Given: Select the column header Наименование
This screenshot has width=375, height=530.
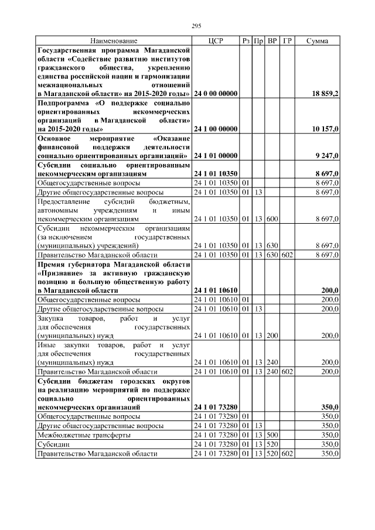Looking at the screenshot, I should [114, 41].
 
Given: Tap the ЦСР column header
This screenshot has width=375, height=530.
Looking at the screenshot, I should [215, 41].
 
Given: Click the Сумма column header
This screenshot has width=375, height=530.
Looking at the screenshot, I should [317, 41].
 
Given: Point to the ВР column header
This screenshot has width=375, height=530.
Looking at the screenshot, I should [272, 41].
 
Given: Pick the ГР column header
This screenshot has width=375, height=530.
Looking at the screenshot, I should [287, 41].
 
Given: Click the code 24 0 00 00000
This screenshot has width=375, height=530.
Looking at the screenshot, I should [215, 94].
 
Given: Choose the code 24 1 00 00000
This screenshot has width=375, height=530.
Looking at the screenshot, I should [215, 128].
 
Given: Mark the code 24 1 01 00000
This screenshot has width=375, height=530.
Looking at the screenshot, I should [215, 156].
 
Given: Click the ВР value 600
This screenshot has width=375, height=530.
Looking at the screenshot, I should [272, 218].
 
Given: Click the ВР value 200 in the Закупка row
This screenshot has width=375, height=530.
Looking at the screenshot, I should [272, 336].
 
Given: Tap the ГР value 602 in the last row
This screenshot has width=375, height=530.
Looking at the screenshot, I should [287, 454].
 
